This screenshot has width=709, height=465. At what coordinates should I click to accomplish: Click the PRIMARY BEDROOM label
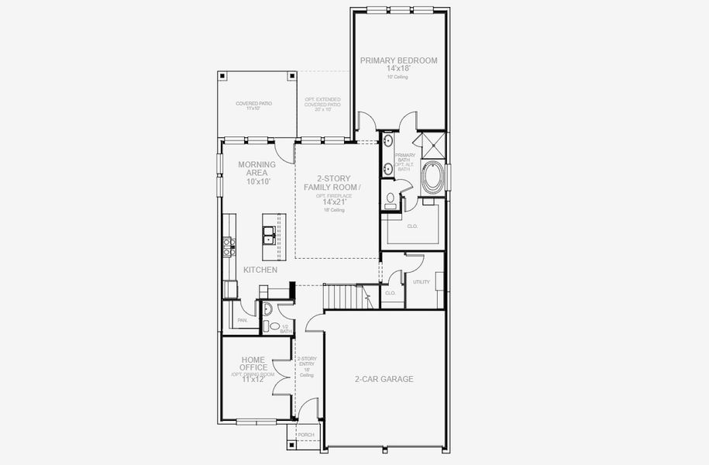click(399, 60)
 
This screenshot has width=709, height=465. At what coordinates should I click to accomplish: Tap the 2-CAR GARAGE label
click(384, 379)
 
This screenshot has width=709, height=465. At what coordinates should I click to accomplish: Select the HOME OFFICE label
click(254, 363)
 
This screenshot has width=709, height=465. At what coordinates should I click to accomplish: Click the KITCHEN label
click(260, 270)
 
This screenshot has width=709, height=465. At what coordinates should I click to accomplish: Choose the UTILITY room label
click(422, 282)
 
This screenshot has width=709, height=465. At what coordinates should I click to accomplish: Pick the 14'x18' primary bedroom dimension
click(399, 69)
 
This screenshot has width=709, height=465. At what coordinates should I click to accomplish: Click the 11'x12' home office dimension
click(254, 380)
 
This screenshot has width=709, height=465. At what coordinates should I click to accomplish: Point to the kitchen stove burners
click(229, 246)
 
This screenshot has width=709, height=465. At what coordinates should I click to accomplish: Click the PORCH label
click(306, 435)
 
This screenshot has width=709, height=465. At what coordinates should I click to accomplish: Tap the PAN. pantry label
click(243, 319)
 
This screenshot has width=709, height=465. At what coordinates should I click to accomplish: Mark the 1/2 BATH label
click(285, 329)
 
